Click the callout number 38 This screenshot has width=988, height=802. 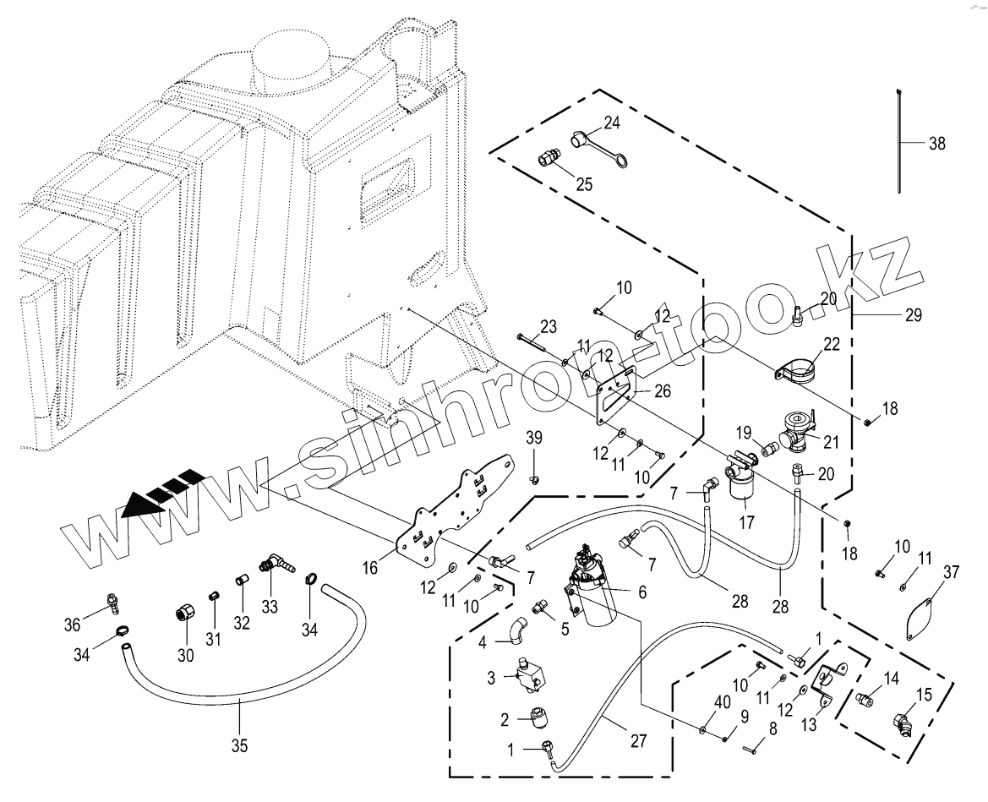[x=937, y=144]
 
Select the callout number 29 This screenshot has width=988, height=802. [x=913, y=315]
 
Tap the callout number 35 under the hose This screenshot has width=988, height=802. [x=239, y=746]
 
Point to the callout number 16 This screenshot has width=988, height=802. [x=370, y=568]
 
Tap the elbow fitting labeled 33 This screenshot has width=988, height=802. [x=276, y=565]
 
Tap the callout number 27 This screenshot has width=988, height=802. [x=638, y=741]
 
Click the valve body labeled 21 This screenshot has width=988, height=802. [x=798, y=429]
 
